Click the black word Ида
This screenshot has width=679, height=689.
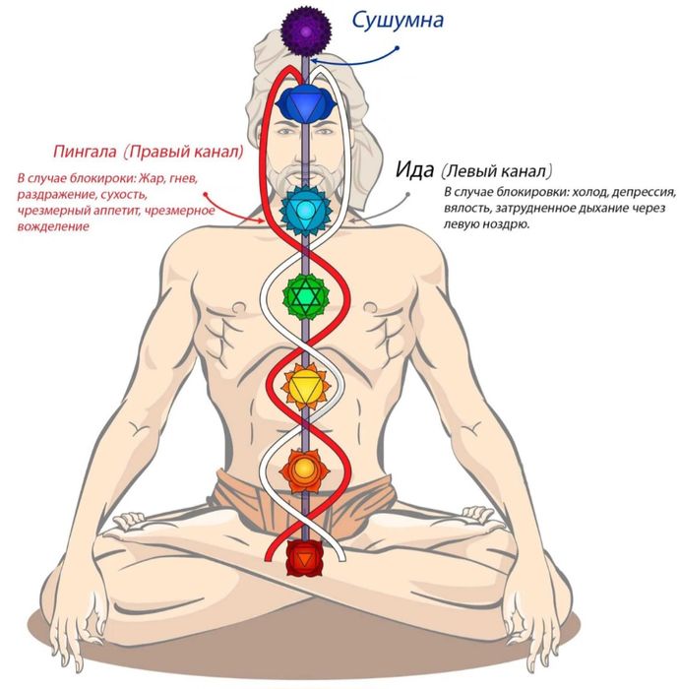click(413, 169)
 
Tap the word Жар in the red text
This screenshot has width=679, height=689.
click(148, 178)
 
